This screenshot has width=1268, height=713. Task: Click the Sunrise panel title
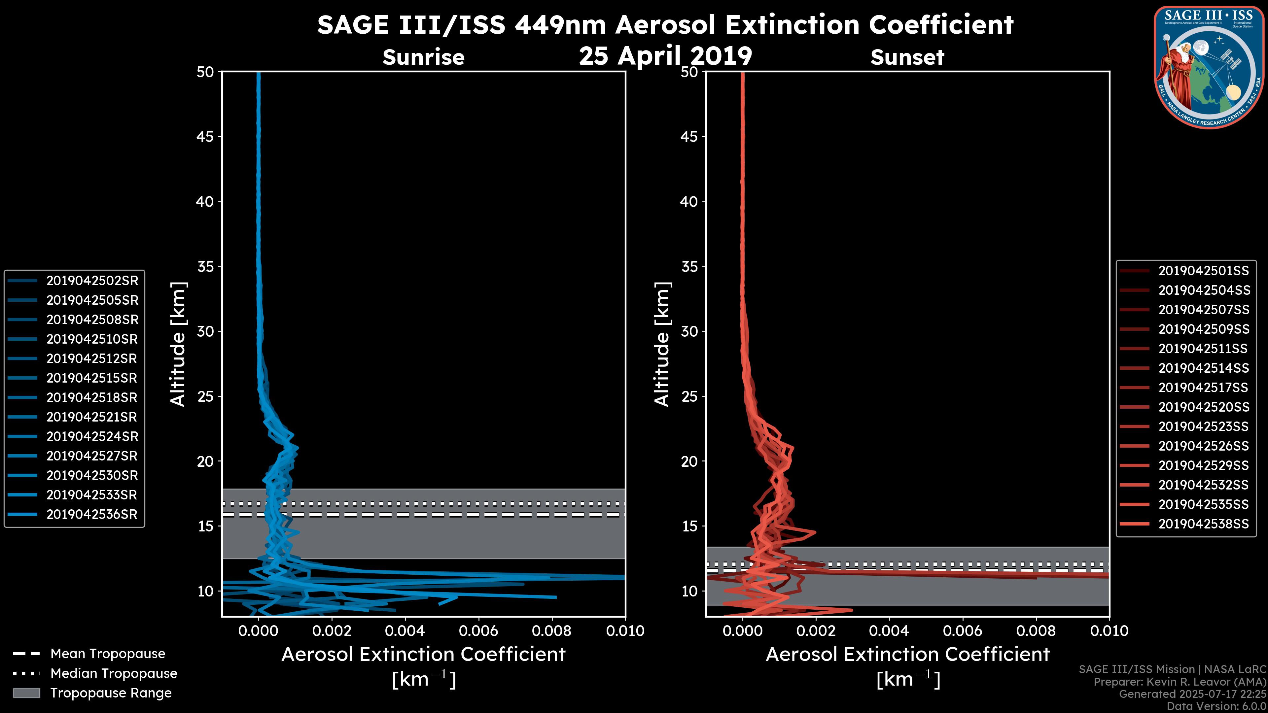pyautogui.click(x=423, y=57)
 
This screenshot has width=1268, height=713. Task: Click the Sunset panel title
pyautogui.click(x=907, y=57)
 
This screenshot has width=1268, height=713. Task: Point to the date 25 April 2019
pyautogui.click(x=665, y=55)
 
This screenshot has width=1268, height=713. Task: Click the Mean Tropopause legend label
pyautogui.click(x=107, y=654)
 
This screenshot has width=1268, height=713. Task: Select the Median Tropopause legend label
pyautogui.click(x=113, y=673)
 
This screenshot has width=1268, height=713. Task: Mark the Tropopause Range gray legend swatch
pyautogui.click(x=26, y=693)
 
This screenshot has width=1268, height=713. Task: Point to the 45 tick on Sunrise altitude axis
pyautogui.click(x=205, y=136)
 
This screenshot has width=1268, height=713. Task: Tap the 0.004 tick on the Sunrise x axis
pyautogui.click(x=405, y=631)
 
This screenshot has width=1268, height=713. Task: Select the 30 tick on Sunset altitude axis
pyautogui.click(x=689, y=331)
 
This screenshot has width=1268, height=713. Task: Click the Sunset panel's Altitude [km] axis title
pyautogui.click(x=662, y=344)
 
